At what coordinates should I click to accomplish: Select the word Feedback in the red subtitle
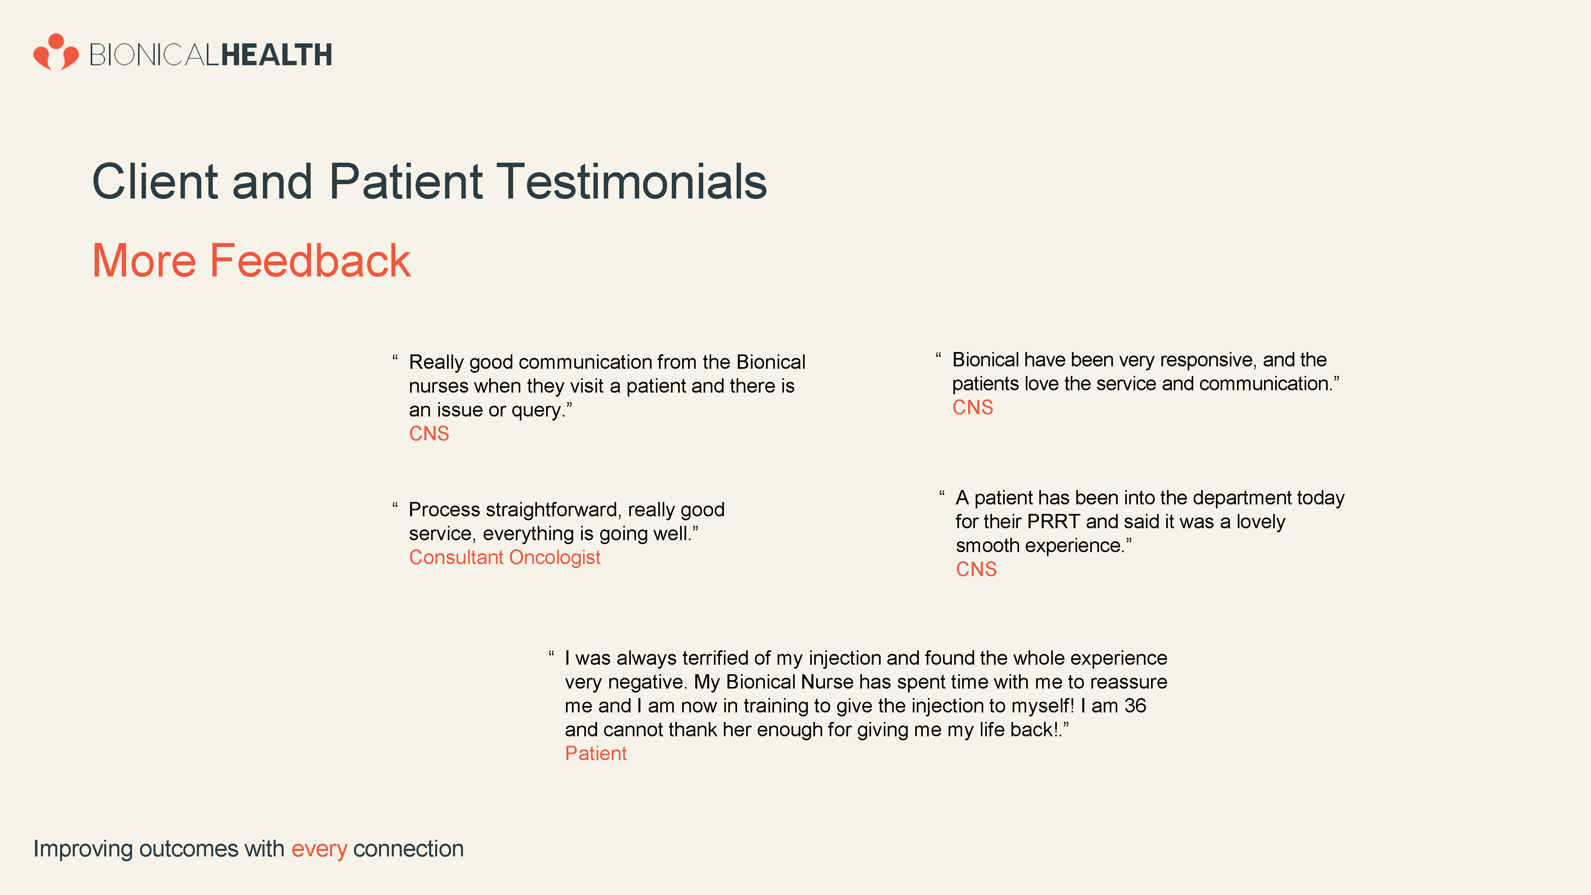pyautogui.click(x=310, y=260)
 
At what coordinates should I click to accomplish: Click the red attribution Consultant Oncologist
pyautogui.click(x=505, y=557)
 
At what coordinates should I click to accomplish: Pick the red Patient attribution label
pyautogui.click(x=595, y=753)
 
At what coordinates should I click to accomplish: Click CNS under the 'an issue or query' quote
pyautogui.click(x=429, y=434)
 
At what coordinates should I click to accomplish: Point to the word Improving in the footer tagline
pyautogui.click(x=83, y=849)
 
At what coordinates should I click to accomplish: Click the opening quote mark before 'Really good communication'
pyautogui.click(x=395, y=357)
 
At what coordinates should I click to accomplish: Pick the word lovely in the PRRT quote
pyautogui.click(x=1260, y=522)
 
